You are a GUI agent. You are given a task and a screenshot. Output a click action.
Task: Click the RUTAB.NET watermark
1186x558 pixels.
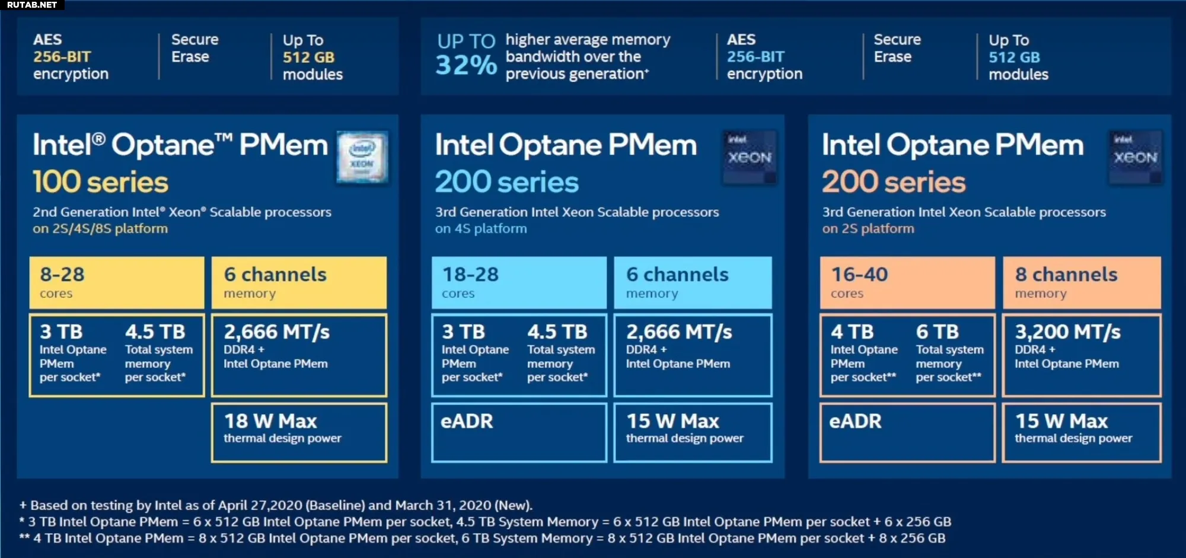pyautogui.click(x=32, y=5)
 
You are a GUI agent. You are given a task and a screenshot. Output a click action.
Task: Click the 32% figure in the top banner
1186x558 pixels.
pyautogui.click(x=466, y=65)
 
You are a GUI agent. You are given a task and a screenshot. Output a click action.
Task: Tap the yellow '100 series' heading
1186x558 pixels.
pyautogui.click(x=100, y=182)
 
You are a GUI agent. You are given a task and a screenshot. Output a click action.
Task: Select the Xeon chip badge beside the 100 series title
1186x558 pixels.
pyautogui.click(x=362, y=157)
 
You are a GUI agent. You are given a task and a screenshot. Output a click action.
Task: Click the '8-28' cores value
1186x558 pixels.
pyautogui.click(x=62, y=275)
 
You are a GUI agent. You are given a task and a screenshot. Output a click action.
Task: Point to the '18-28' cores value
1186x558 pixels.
pyautogui.click(x=470, y=275)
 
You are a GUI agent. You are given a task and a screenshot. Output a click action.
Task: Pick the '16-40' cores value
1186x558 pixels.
pyautogui.click(x=859, y=275)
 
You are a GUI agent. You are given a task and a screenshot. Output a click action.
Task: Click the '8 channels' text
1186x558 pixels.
pyautogui.click(x=1066, y=275)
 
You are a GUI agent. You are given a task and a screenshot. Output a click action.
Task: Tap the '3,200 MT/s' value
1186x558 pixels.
pyautogui.click(x=1067, y=332)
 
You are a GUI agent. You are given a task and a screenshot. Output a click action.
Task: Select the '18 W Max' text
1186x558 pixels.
pyautogui.click(x=270, y=421)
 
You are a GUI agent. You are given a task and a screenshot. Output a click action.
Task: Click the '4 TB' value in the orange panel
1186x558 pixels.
pyautogui.click(x=852, y=332)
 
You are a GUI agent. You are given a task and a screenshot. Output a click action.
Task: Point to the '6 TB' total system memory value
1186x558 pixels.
pyautogui.click(x=937, y=332)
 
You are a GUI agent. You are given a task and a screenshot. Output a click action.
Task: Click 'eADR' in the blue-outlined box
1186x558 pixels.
pyautogui.click(x=467, y=421)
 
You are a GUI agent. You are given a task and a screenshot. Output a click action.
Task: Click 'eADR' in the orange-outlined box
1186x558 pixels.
pyautogui.click(x=855, y=421)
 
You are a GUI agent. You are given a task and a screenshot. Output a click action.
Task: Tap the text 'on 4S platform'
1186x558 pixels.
pyautogui.click(x=481, y=229)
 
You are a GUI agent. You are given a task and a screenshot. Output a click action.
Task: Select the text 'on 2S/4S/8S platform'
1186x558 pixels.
pyautogui.click(x=100, y=229)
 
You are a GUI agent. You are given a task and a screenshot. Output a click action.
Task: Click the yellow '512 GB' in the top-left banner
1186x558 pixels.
pyautogui.click(x=308, y=58)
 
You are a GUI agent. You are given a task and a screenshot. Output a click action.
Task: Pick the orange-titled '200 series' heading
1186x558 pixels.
pyautogui.click(x=894, y=182)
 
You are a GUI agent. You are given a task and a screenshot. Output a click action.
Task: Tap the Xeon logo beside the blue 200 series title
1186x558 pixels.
pyautogui.click(x=750, y=157)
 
